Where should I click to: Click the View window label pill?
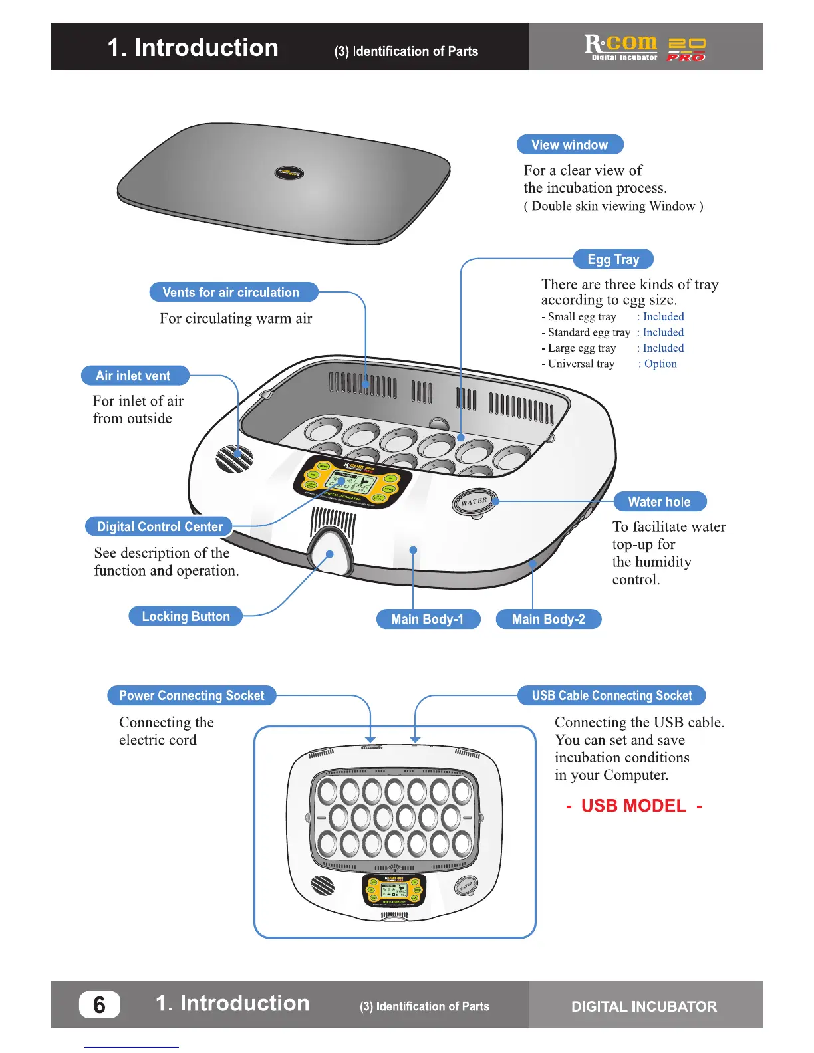pyautogui.click(x=570, y=145)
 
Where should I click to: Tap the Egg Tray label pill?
pyautogui.click(x=613, y=259)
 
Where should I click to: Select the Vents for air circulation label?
pyautogui.click(x=231, y=292)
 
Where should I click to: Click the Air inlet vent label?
pyautogui.click(x=134, y=376)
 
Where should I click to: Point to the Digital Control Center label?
pyautogui.click(x=160, y=526)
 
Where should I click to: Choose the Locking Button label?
pyautogui.click(x=186, y=616)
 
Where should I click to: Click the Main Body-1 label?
pyautogui.click(x=427, y=619)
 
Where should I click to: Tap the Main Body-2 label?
pyautogui.click(x=549, y=619)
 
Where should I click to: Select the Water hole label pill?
pyautogui.click(x=659, y=502)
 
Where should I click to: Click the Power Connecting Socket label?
pyautogui.click(x=192, y=695)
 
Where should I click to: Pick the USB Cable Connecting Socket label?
pyautogui.click(x=612, y=695)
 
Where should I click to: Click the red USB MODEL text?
pyautogui.click(x=634, y=806)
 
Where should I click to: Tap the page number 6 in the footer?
pyautogui.click(x=99, y=1004)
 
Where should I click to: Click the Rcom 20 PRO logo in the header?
pyautogui.click(x=644, y=47)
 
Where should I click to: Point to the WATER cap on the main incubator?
pyautogui.click(x=474, y=502)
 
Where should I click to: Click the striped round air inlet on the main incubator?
pyautogui.click(x=235, y=459)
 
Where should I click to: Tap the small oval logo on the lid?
pyautogui.click(x=289, y=173)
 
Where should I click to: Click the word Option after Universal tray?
pyautogui.click(x=660, y=364)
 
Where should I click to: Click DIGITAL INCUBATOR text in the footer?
pyautogui.click(x=644, y=1006)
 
